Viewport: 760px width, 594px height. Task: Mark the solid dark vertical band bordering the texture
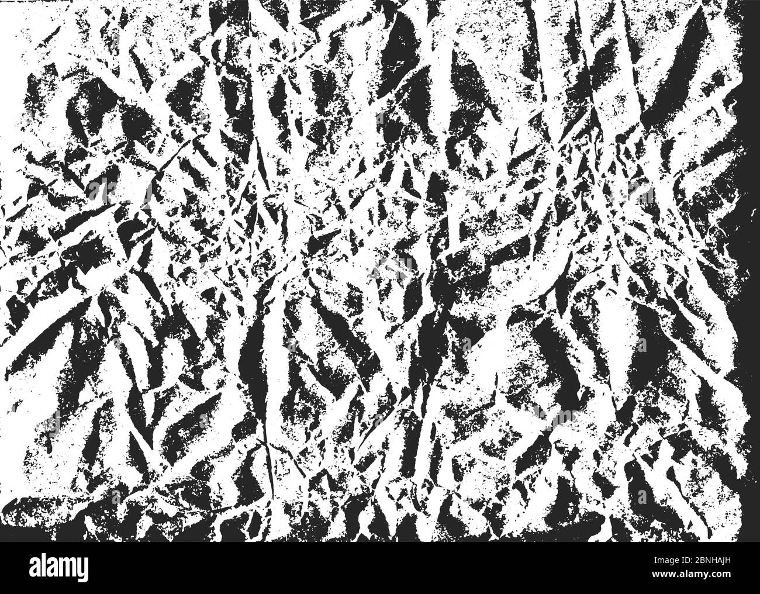pyautogui.click(x=751, y=234)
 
